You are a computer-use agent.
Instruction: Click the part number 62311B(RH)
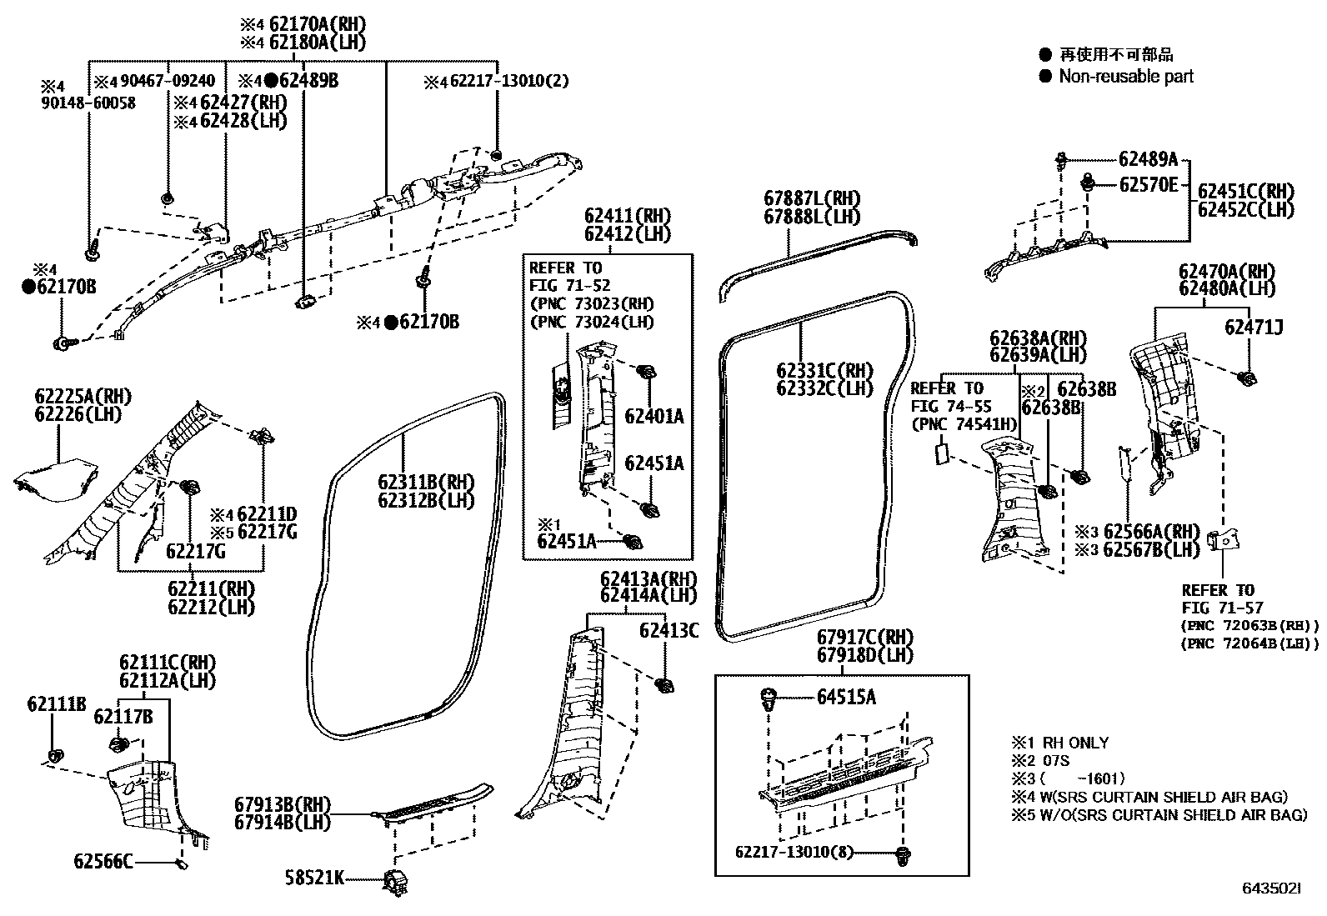(x=425, y=482)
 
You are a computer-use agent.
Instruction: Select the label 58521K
(x=314, y=877)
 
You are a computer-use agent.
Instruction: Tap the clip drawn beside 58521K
(x=394, y=881)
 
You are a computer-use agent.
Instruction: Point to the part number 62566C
(x=103, y=861)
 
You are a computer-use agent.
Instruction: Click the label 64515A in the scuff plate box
(x=846, y=697)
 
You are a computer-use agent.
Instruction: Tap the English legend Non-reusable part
(x=1125, y=77)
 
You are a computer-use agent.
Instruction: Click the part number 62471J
(x=1253, y=328)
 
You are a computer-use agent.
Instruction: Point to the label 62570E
(x=1148, y=185)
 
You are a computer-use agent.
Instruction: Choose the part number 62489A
(x=1148, y=159)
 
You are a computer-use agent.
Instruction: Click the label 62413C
(x=669, y=630)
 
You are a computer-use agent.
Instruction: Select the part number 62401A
(x=653, y=416)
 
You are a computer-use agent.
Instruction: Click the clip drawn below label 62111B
(x=55, y=756)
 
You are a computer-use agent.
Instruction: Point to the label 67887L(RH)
(x=811, y=198)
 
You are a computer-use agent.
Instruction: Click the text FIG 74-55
(x=947, y=407)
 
